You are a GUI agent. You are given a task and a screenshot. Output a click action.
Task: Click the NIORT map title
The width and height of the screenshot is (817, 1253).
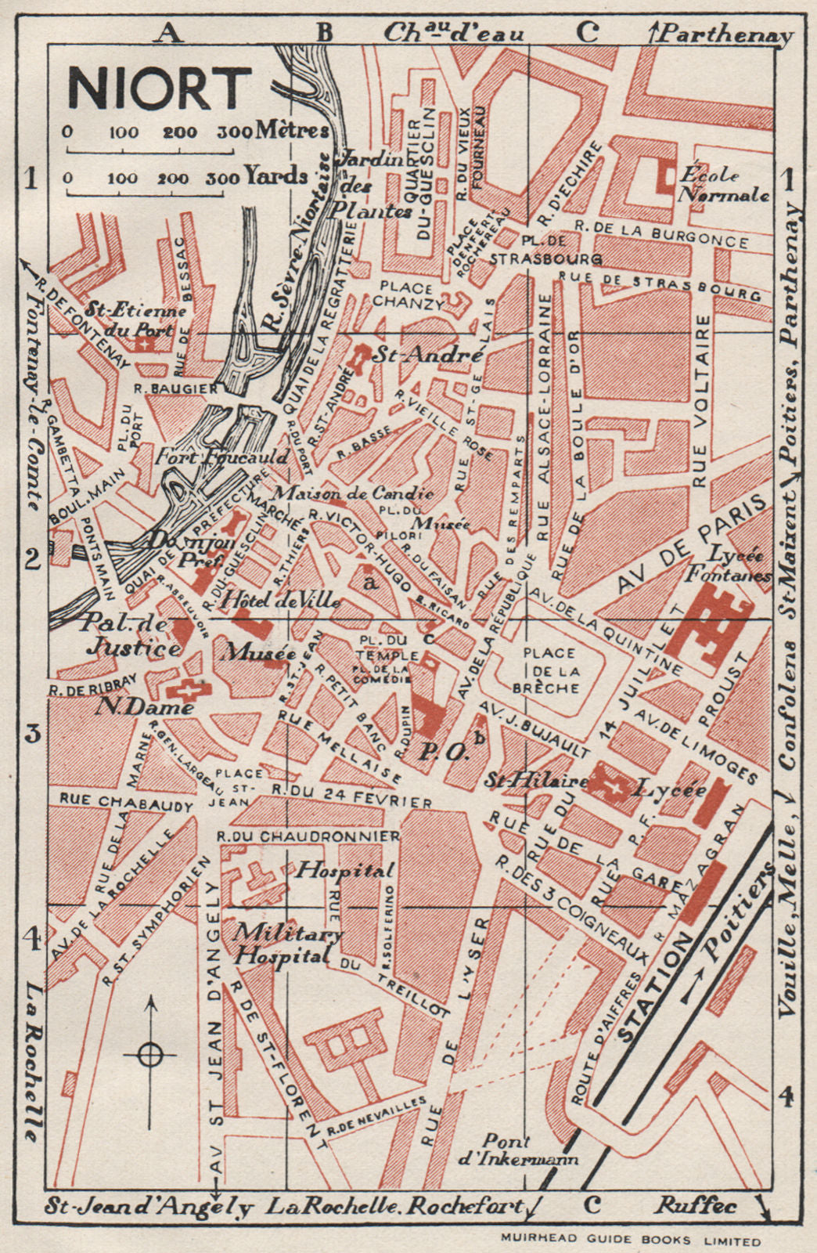coord(160,88)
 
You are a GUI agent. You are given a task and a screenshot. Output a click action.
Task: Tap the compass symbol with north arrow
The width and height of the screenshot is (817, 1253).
coord(150,1054)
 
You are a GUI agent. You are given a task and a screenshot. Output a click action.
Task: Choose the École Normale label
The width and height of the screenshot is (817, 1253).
coord(723,185)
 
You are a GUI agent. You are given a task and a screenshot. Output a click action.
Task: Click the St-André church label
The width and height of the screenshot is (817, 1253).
coord(426,355)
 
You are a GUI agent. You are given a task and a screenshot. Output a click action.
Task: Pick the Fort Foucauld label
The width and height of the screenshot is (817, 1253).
coord(222,457)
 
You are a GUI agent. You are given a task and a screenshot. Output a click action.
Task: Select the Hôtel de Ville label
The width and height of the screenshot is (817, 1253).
coord(281,601)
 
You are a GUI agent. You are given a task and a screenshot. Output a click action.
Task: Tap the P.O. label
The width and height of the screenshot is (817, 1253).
coord(444,753)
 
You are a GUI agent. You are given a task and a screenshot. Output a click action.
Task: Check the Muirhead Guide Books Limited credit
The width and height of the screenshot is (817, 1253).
coord(630,1240)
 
